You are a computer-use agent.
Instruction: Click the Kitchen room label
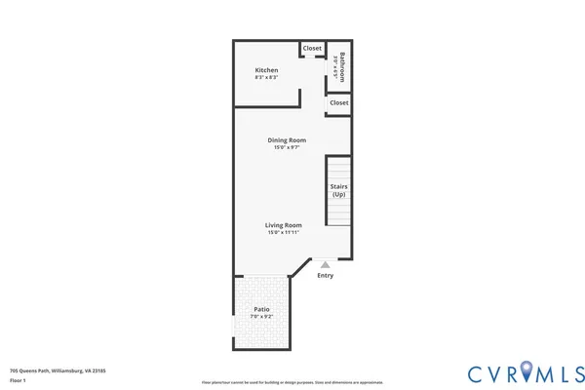(x=267, y=70)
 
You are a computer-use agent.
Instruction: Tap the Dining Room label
(x=287, y=140)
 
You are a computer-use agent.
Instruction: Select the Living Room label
(x=283, y=225)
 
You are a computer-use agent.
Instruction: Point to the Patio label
(x=261, y=309)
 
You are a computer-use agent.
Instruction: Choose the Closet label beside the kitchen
(x=312, y=48)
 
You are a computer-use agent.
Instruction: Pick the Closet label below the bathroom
(x=339, y=102)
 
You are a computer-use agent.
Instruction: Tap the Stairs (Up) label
(x=338, y=190)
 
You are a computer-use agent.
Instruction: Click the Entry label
(x=326, y=275)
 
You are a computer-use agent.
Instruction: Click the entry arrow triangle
(x=326, y=263)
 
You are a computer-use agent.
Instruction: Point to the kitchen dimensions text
(x=267, y=78)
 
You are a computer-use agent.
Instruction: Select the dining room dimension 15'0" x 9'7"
(x=287, y=148)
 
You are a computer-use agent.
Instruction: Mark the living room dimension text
(x=283, y=233)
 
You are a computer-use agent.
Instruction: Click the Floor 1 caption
(x=19, y=380)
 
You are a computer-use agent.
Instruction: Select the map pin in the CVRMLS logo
(x=527, y=371)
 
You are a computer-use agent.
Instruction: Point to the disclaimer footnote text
(x=292, y=382)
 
